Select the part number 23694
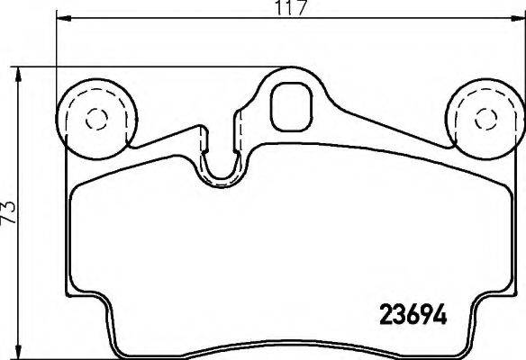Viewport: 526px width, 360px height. tap(410, 317)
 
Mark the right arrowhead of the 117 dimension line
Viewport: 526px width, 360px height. tap(520, 20)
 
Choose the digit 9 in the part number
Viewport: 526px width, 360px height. tap(424, 317)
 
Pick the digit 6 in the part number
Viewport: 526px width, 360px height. tap(410, 317)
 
